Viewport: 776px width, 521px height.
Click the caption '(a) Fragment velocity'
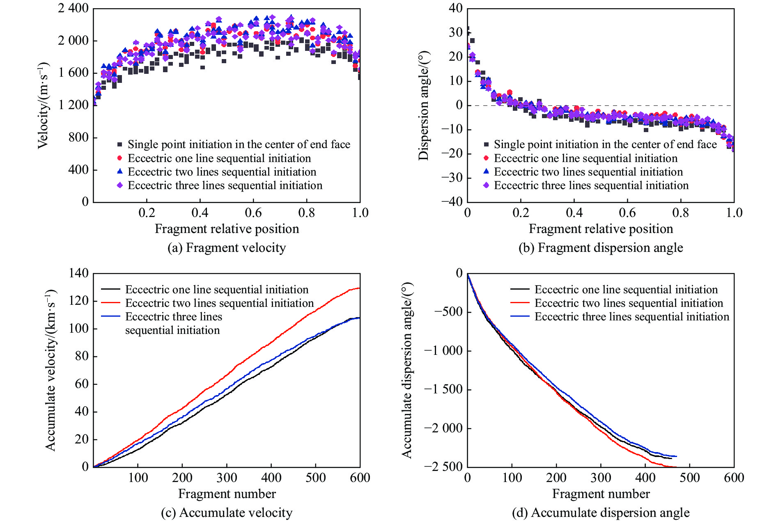click(227, 248)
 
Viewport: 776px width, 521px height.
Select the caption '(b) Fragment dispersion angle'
click(601, 248)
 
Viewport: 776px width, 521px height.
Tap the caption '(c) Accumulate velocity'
click(227, 513)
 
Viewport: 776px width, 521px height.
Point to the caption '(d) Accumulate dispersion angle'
click(601, 513)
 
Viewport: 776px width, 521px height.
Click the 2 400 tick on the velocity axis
click(73, 8)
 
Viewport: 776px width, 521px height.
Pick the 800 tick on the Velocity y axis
click(78, 137)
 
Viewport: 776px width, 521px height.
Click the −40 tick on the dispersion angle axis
click(452, 201)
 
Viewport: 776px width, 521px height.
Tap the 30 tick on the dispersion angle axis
click(456, 32)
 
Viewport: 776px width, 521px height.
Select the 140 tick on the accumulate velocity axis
click(78, 273)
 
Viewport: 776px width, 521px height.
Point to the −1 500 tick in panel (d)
click(443, 389)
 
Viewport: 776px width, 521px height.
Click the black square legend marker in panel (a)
click(120, 144)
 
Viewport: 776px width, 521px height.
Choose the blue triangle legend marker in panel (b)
click(486, 171)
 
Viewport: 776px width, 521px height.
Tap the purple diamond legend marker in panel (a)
click(120, 185)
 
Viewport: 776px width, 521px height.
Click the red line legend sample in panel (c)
click(110, 303)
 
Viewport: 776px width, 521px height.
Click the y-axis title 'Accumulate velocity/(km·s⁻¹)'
click(50, 370)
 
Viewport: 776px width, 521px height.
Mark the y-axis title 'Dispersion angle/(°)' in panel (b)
click(423, 105)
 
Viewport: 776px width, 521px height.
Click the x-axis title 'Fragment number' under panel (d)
click(601, 494)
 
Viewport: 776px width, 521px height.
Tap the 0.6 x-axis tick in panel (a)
click(253, 213)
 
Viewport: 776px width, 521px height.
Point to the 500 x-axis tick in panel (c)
click(315, 478)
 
